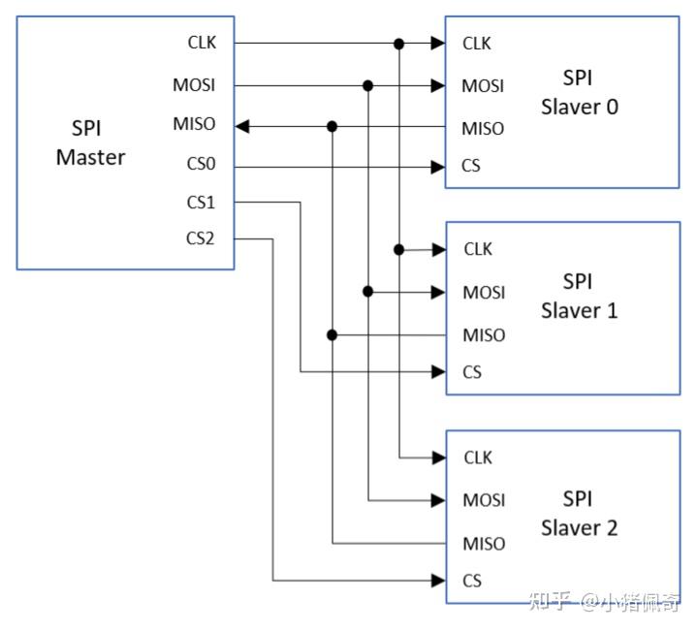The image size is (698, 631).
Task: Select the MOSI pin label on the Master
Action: click(194, 85)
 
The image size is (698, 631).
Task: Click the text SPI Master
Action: click(89, 142)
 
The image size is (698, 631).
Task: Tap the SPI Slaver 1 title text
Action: click(579, 296)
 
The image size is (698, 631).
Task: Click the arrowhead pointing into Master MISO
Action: click(243, 126)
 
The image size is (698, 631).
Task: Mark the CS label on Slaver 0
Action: click(471, 167)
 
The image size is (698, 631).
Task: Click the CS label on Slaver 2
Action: click(472, 581)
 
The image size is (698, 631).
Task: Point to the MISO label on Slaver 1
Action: click(484, 334)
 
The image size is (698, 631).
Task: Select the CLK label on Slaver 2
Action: click(478, 457)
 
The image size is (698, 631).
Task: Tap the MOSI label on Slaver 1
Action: click(484, 292)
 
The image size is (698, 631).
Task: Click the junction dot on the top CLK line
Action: click(398, 43)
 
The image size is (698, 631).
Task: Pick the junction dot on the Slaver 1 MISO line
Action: click(333, 334)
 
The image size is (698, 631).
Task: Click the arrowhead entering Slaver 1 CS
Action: click(439, 371)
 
